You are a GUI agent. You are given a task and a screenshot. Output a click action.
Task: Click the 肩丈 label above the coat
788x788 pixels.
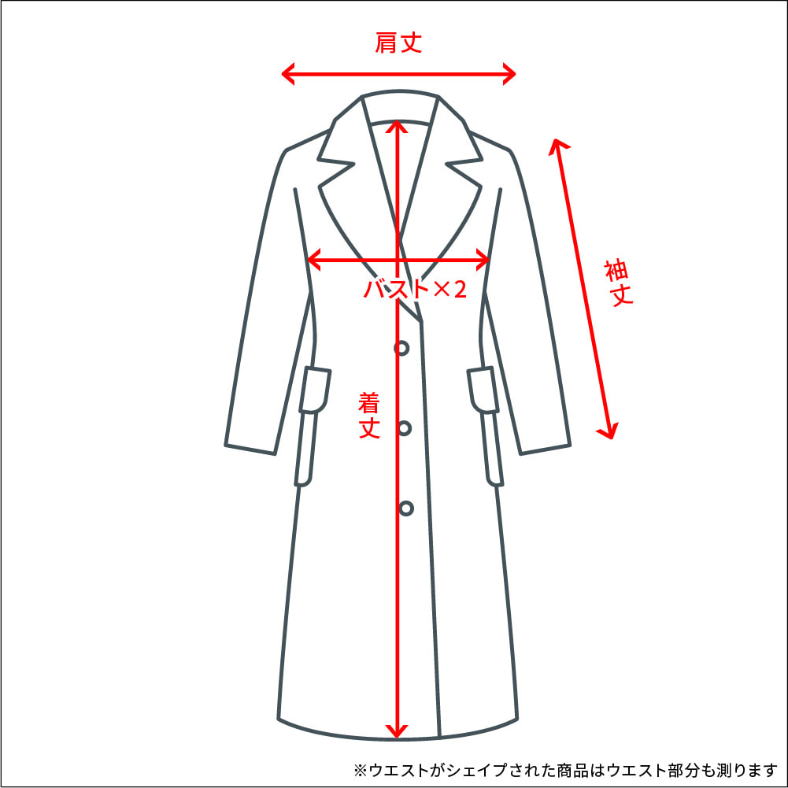[398, 43]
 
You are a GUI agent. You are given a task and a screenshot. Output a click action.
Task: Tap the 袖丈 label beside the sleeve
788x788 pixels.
[619, 283]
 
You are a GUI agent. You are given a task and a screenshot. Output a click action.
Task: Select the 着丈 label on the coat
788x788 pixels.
[369, 415]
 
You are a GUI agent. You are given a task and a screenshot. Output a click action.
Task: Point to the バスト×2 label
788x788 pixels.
[415, 289]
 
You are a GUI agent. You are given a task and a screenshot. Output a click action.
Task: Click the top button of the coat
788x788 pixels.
[401, 348]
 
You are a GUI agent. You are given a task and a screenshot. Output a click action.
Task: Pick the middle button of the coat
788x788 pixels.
[404, 428]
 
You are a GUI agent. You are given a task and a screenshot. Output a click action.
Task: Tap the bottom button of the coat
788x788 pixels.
[406, 509]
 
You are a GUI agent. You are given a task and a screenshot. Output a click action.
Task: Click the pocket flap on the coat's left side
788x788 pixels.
[315, 390]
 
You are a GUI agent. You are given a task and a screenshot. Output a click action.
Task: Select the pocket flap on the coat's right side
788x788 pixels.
[483, 390]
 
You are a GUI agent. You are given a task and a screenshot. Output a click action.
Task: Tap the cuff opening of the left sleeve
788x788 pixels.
[250, 449]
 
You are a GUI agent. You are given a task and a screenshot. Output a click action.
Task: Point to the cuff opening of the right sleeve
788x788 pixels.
[546, 449]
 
